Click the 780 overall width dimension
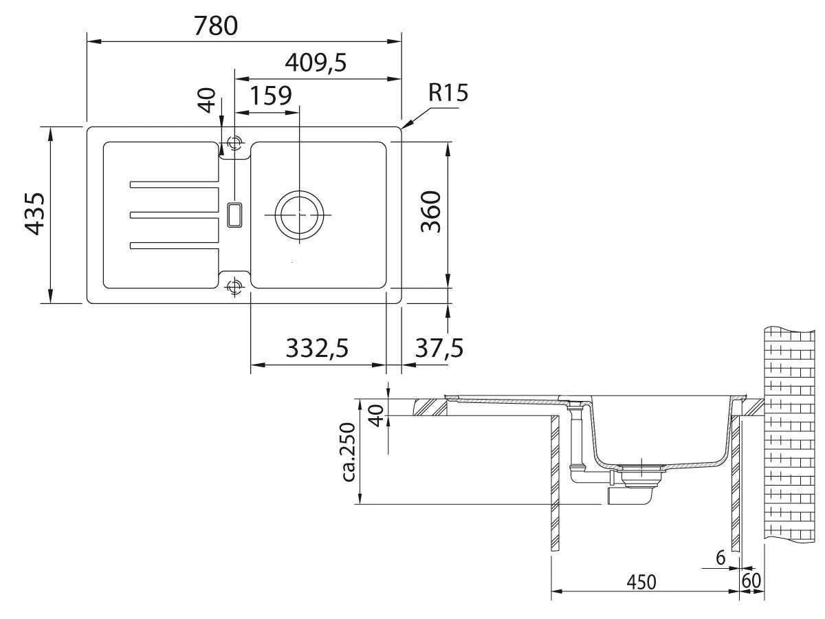[x=216, y=25]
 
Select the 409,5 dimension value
[x=316, y=63]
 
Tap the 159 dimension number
[x=271, y=96]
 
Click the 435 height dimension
[x=34, y=214]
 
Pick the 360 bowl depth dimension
[x=431, y=212]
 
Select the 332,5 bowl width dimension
[x=317, y=348]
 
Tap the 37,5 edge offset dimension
[x=439, y=348]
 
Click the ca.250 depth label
[x=349, y=452]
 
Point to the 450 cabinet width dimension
[x=641, y=582]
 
